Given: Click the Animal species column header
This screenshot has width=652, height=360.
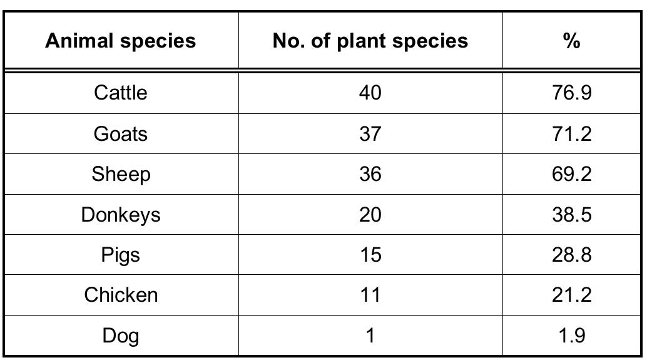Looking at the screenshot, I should [x=121, y=41].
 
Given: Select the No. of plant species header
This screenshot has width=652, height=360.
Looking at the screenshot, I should [x=370, y=41].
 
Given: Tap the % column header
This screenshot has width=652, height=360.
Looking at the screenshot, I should [x=571, y=41].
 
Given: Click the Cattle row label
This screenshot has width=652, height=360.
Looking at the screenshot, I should [x=121, y=93].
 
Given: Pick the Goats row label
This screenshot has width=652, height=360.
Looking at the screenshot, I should [x=121, y=134].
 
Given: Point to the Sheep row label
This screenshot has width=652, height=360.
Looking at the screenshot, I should [x=121, y=174].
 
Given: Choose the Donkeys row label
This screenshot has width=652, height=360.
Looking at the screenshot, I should [x=121, y=215].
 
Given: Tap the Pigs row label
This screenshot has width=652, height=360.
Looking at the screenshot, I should [x=121, y=255].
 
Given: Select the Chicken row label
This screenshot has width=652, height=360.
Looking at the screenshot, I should [x=121, y=295].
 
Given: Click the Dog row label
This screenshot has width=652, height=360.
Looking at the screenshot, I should [x=121, y=336].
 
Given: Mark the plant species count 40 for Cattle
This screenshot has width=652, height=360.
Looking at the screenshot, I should [x=370, y=93].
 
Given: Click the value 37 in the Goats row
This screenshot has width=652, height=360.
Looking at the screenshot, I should [x=370, y=134].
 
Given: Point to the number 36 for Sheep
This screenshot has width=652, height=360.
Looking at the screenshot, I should [x=370, y=174].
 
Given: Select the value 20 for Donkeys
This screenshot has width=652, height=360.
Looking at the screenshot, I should [x=370, y=215].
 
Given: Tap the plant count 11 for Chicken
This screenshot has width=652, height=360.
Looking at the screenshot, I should [x=370, y=295].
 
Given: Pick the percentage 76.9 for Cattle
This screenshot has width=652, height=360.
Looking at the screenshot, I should [x=571, y=93].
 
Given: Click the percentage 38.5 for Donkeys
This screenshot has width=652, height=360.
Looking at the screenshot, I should [x=571, y=215].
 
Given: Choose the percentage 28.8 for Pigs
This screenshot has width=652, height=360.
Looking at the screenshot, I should [x=571, y=255].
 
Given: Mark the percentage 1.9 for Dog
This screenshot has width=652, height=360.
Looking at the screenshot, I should [x=571, y=336].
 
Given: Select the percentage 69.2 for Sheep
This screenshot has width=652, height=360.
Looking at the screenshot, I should [x=571, y=174].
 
